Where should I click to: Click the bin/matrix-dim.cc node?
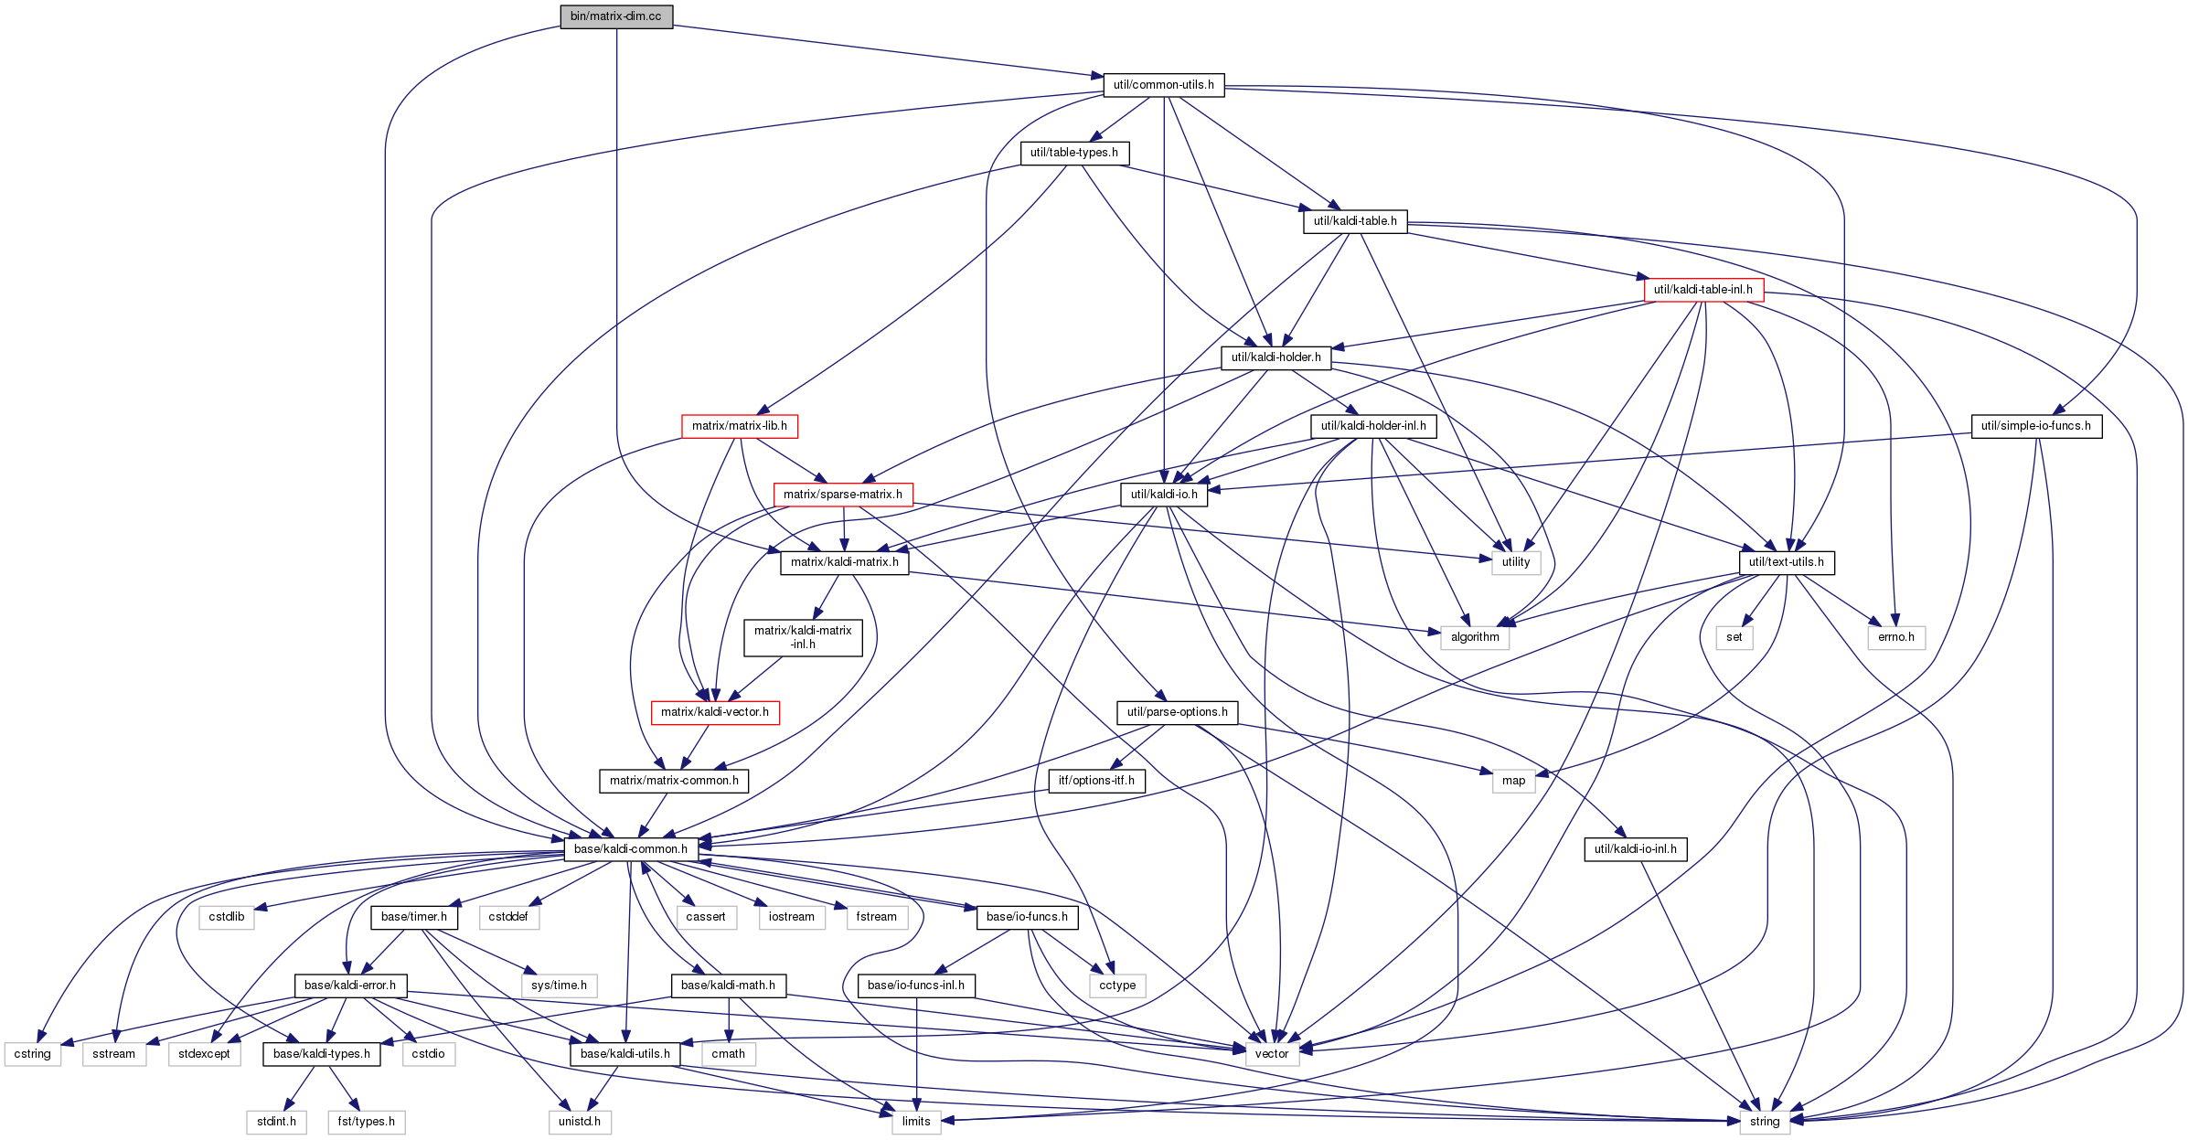point(616,16)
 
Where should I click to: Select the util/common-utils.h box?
point(1164,85)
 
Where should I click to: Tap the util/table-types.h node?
point(1074,153)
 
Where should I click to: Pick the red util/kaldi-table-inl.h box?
point(1703,290)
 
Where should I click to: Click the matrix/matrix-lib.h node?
point(740,426)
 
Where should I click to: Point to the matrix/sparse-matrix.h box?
point(843,495)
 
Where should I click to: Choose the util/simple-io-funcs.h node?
point(2036,426)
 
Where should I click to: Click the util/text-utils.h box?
point(1787,562)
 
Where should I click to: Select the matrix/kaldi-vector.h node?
point(715,712)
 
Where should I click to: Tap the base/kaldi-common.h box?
point(631,849)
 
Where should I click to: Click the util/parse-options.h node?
point(1178,712)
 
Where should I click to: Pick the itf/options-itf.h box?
point(1096,781)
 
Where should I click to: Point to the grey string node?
point(1765,1122)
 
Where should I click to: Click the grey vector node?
point(1272,1054)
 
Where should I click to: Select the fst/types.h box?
point(367,1122)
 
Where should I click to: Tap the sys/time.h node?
point(560,986)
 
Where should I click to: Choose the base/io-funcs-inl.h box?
point(916,986)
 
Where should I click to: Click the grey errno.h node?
point(1896,637)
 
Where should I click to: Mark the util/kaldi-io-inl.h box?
point(1636,849)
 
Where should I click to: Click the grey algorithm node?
point(1475,637)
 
